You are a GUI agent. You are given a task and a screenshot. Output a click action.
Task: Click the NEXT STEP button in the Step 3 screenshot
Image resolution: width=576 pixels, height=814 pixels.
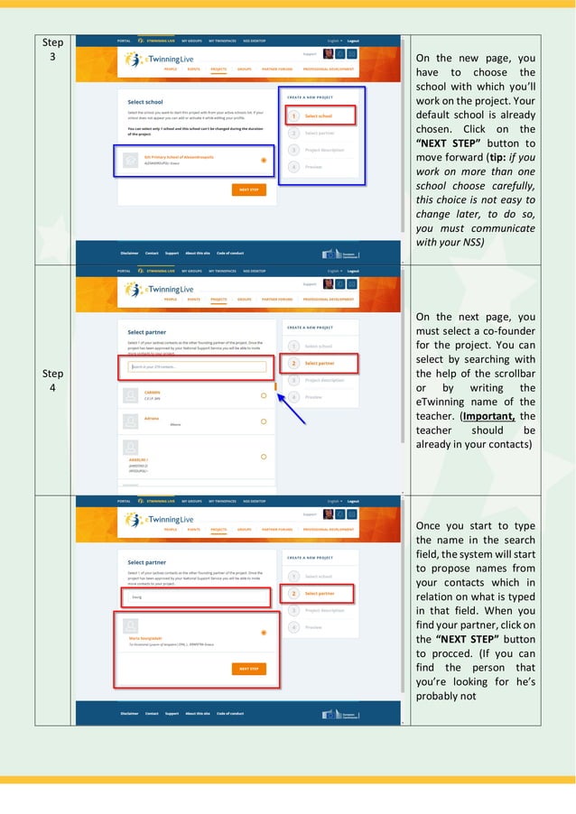(x=248, y=190)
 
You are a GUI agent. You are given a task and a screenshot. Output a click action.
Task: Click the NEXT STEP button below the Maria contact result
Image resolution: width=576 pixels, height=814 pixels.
(x=248, y=669)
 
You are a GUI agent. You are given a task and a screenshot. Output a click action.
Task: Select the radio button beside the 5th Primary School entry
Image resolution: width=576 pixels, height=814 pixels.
(x=263, y=161)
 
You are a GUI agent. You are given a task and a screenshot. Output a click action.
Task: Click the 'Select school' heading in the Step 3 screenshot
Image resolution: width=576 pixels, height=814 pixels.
(x=145, y=102)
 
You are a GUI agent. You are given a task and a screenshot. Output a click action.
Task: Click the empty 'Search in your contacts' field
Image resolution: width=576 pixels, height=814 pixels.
(x=197, y=366)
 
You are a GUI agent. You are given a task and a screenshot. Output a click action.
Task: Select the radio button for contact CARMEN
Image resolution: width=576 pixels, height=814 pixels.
(x=263, y=395)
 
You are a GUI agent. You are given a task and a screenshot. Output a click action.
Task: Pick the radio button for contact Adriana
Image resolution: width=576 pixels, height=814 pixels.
(x=263, y=421)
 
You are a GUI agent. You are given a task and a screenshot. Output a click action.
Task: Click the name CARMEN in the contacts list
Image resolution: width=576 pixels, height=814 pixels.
(x=153, y=393)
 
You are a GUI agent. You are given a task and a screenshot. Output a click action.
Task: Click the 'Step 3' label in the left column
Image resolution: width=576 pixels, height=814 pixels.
(x=54, y=50)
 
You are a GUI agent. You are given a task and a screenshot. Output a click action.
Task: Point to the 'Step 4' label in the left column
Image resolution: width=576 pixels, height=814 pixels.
(x=54, y=380)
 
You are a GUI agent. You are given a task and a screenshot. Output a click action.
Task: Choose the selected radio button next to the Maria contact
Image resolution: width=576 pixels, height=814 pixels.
(x=263, y=633)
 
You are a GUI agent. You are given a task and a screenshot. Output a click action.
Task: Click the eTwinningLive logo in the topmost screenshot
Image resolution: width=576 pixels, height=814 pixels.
(x=163, y=59)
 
